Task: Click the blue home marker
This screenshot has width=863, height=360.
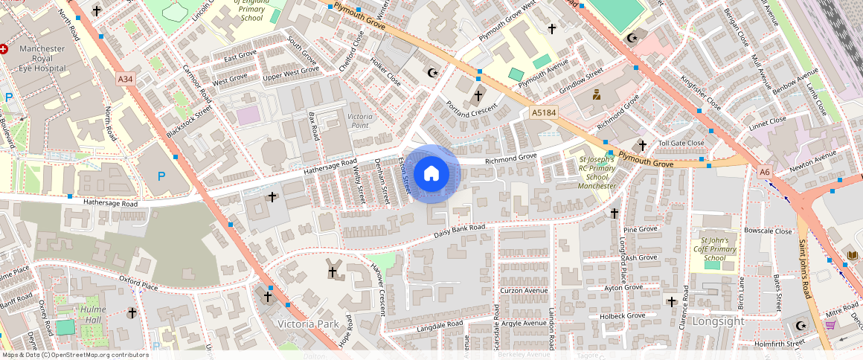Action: [431, 174]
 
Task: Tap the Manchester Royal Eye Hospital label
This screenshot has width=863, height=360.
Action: [42, 58]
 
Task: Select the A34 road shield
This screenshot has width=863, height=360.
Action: [126, 78]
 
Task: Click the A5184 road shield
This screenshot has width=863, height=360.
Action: [545, 112]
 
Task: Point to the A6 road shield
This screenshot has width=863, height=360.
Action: [765, 172]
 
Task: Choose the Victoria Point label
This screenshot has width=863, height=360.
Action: [359, 121]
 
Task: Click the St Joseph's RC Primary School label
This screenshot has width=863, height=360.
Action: [597, 173]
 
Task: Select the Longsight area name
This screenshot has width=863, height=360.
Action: [717, 321]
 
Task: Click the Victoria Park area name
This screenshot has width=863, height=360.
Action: [307, 324]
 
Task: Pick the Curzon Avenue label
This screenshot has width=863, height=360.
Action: [524, 291]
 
